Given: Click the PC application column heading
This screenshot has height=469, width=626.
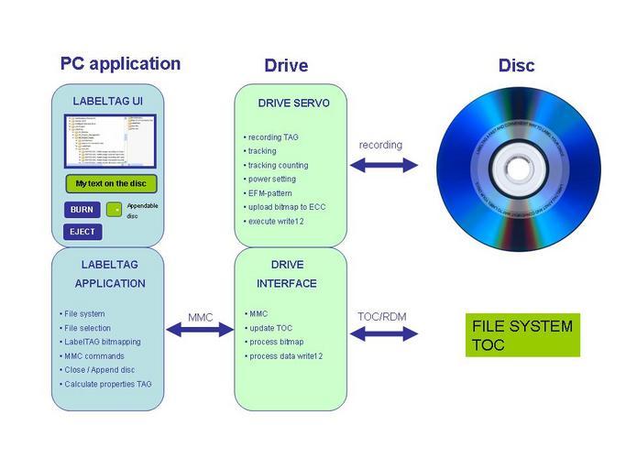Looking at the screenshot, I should point(120,64).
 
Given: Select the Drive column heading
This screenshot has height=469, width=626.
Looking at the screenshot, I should point(286,66).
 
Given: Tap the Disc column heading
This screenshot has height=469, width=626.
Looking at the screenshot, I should point(516,66).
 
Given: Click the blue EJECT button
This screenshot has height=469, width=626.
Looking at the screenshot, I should point(82,232).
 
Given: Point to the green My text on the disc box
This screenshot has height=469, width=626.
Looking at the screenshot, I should point(111,183).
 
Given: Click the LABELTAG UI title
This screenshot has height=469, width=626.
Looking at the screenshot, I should point(108,100).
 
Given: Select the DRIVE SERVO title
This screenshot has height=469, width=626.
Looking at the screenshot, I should point(293,104).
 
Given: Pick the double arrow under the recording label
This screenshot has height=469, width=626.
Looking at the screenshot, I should point(382,165).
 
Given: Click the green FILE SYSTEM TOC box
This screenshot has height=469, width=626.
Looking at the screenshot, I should point(523,335).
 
